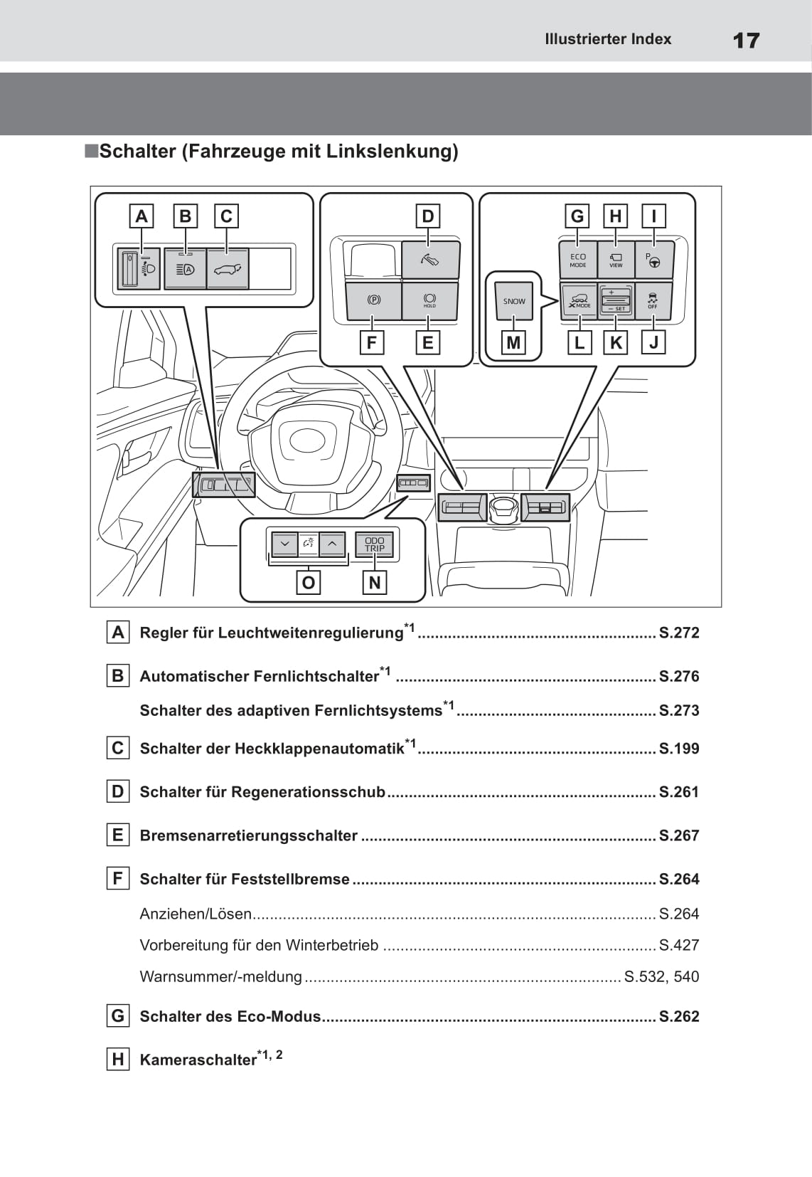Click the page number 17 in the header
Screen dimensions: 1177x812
(746, 40)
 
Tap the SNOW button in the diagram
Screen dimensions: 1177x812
(514, 301)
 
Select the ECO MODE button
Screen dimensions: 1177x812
(577, 260)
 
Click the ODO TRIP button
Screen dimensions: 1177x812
(375, 544)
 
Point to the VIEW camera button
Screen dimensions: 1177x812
(616, 260)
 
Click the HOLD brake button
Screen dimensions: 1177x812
(429, 300)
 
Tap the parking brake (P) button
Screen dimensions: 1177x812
(373, 300)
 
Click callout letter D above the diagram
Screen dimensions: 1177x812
(427, 216)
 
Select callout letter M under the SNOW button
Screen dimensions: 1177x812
(513, 343)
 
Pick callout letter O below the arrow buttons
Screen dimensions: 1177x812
(308, 583)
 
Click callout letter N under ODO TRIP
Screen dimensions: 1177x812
(374, 583)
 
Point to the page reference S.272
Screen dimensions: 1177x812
(678, 633)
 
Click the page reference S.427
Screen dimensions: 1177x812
(678, 945)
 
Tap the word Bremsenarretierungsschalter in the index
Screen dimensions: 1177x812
(248, 835)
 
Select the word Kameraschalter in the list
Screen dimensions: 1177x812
(198, 1060)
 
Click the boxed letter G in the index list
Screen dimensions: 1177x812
(117, 1015)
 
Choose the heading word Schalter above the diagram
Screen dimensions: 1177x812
(137, 152)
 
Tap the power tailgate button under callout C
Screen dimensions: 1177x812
(227, 269)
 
